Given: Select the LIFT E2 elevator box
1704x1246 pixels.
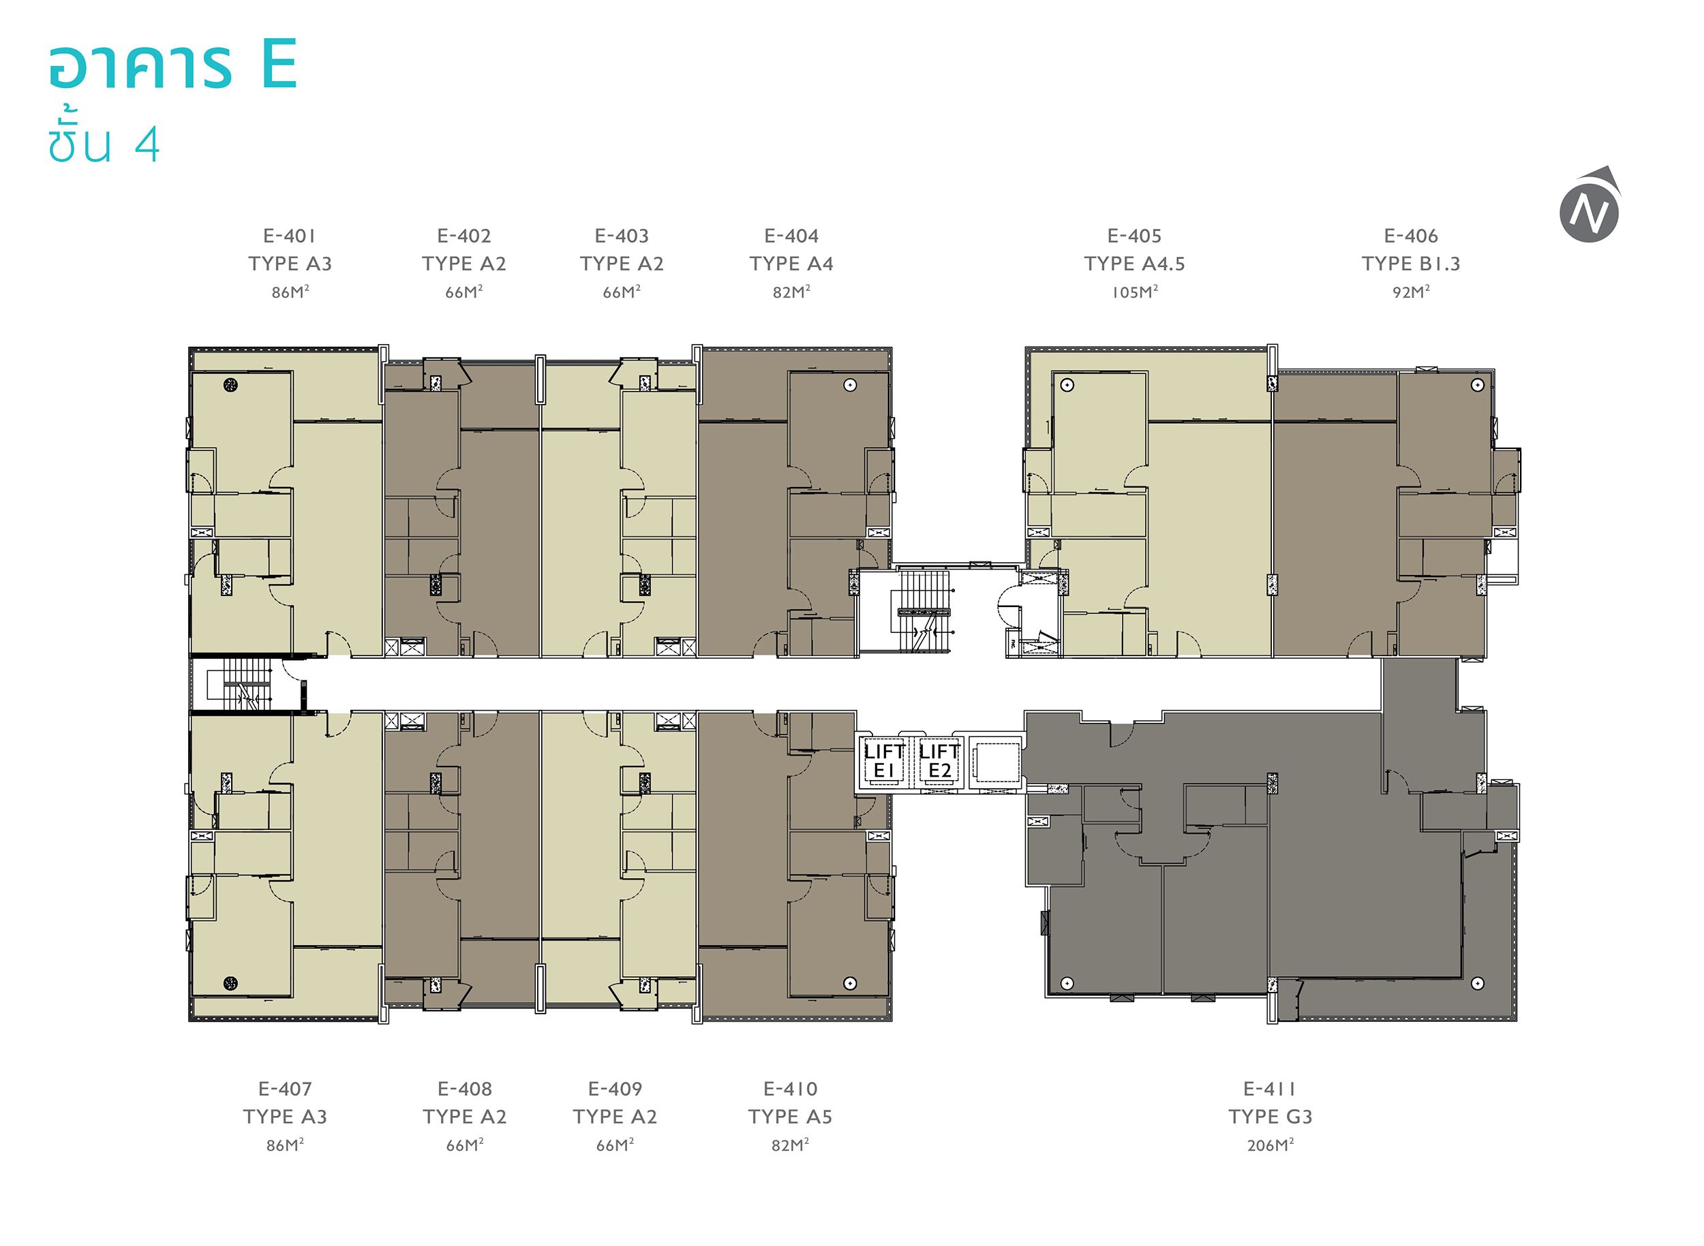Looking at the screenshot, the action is click(939, 762).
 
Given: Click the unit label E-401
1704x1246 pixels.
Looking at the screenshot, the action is click(290, 236).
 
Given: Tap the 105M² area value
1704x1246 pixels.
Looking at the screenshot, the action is click(1134, 292).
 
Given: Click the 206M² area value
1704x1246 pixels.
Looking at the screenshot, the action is click(1271, 1145).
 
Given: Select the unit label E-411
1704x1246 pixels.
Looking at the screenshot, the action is click(1271, 1089).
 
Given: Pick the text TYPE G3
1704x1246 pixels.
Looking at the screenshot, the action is click(1271, 1117).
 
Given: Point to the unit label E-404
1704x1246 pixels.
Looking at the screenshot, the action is click(791, 236).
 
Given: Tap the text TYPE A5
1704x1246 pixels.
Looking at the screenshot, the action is click(790, 1117).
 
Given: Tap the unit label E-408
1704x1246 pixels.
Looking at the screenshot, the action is click(465, 1089).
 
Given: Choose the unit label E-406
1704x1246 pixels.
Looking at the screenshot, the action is click(1410, 236).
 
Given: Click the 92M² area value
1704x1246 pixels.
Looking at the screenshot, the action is click(1410, 292).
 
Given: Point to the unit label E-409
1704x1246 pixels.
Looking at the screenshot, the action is click(615, 1089).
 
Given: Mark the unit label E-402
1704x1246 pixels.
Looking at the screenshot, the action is click(464, 236).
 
